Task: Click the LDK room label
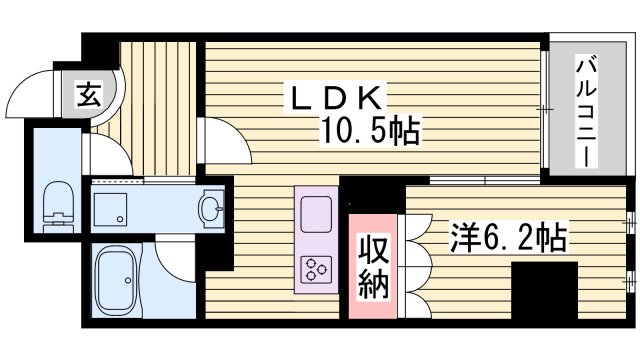(x=335, y=98)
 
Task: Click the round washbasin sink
(x=211, y=208)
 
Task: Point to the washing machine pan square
(x=112, y=209)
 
